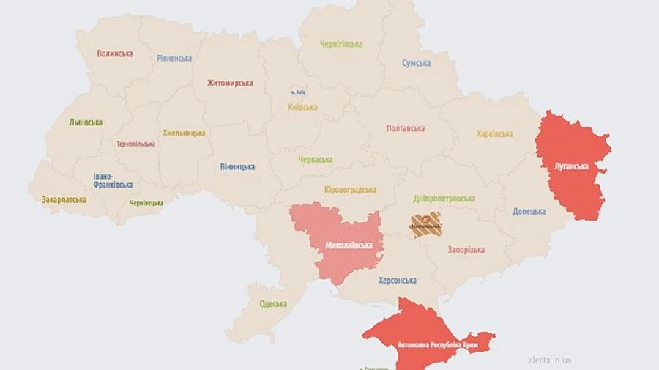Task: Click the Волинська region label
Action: pos(115,53)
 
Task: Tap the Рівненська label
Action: pos(174,58)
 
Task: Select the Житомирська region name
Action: pos(230,84)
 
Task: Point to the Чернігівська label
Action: pos(341,44)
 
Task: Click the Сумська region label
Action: pos(416,63)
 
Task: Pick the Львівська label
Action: pos(86,122)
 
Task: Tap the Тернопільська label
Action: pos(135,144)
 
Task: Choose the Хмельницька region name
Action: pos(184,133)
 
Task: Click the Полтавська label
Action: pos(406,128)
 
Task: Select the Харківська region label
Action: pos(494,134)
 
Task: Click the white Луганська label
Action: pos(571,166)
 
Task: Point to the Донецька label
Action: pos(529,212)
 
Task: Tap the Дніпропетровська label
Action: pos(444,199)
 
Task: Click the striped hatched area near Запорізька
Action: pos(425,225)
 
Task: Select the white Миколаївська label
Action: pos(349,245)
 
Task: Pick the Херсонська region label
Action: pos(398,281)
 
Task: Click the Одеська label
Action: pos(273,304)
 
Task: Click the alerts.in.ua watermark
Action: pos(550,360)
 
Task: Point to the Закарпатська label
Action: pos(64,199)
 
